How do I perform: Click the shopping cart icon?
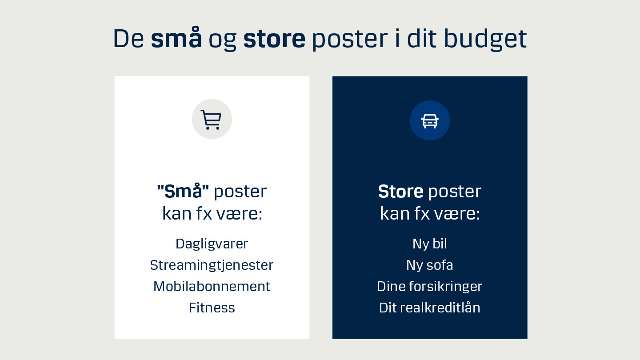click(212, 119)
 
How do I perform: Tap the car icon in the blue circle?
click(430, 120)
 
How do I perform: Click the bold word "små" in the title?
click(176, 39)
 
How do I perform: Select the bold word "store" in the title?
click(274, 39)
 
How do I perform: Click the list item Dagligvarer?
click(212, 244)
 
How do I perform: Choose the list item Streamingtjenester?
click(212, 265)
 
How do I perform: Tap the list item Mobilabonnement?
click(212, 286)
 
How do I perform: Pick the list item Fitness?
click(212, 308)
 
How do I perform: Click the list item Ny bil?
click(430, 244)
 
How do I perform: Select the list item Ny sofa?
click(430, 265)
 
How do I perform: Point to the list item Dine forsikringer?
click(430, 286)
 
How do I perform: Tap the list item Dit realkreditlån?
click(430, 308)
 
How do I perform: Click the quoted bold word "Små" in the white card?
click(183, 191)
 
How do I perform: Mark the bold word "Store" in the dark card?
click(400, 191)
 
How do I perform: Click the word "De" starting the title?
click(128, 39)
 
